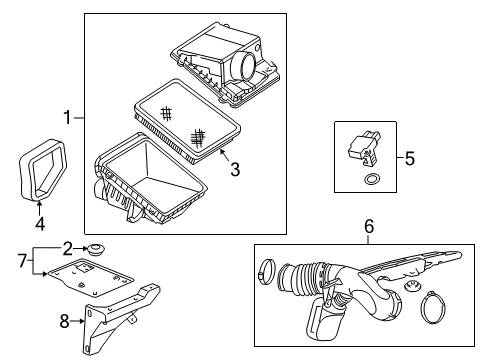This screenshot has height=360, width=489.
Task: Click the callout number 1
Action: [68, 119]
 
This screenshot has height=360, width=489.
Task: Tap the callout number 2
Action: [68, 247]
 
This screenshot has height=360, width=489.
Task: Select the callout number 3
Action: [234, 171]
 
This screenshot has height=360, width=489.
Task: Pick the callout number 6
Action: [368, 229]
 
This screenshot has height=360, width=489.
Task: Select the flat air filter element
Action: [188, 129]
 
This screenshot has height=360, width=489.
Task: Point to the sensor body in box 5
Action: [362, 148]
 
